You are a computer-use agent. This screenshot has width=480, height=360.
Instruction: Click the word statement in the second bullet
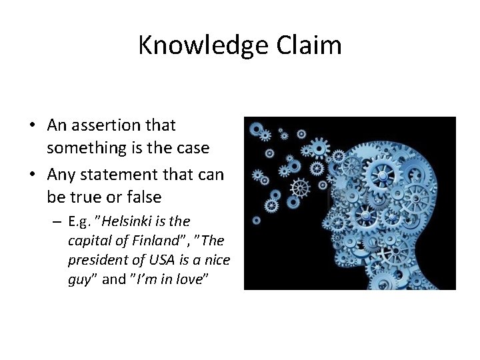(118, 175)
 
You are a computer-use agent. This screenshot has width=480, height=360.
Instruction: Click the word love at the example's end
(194, 279)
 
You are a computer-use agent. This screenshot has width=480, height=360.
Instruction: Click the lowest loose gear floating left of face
(257, 220)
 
